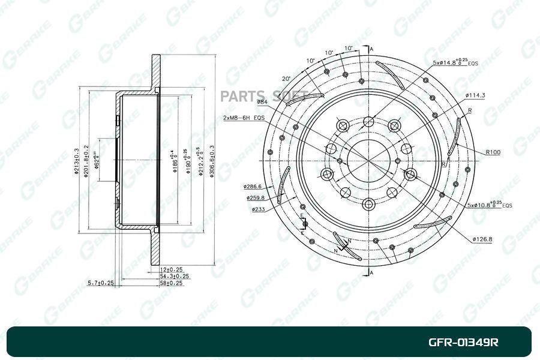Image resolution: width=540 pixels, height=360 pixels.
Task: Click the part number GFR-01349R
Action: pos(463,343)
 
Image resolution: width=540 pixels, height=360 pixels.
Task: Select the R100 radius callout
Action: pos(493,152)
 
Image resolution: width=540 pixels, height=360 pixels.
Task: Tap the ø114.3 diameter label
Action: pos(475,95)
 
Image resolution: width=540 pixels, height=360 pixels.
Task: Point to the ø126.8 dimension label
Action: pos(482,239)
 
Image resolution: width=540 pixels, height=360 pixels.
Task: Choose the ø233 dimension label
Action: pos(259,209)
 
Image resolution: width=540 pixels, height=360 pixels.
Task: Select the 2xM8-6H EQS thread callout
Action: pos(244,118)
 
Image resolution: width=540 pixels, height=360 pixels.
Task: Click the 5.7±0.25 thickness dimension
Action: pos(100,282)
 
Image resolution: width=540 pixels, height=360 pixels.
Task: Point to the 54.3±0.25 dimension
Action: pos(175,276)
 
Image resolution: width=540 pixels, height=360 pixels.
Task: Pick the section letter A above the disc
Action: pos(371,49)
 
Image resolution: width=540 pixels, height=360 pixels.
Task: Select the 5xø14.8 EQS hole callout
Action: pos(454,62)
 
